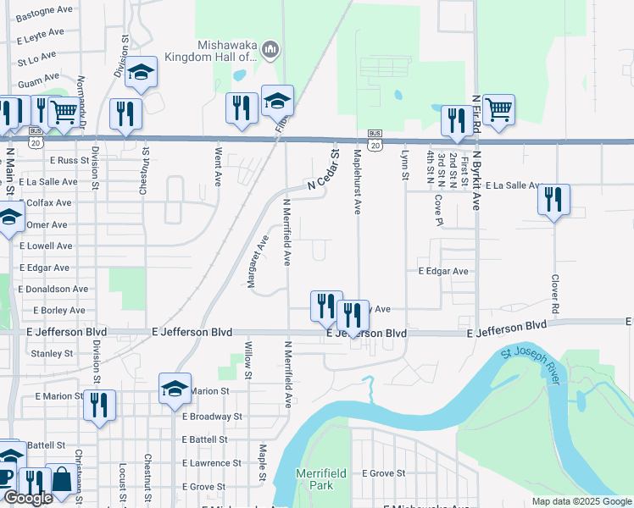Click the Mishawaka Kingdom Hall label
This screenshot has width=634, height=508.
(226, 51)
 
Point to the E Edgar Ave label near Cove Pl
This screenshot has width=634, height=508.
(442, 271)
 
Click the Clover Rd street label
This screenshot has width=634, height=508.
(556, 293)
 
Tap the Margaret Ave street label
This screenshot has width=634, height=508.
(258, 261)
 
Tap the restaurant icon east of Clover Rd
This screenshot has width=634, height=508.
(553, 200)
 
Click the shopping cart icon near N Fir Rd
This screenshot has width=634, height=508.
(498, 109)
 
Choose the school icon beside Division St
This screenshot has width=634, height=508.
(142, 74)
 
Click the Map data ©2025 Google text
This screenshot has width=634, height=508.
(581, 501)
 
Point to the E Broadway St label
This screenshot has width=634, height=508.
(212, 417)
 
